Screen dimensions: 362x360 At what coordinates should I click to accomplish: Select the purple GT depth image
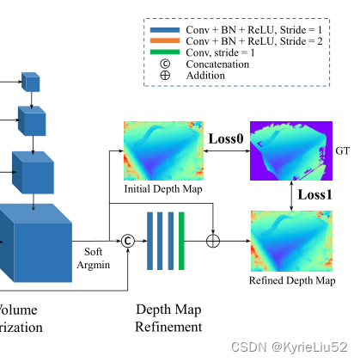click(x=290, y=151)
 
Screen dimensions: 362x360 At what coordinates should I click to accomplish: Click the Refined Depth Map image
click(x=291, y=241)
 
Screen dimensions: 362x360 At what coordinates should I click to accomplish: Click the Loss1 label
click(x=314, y=194)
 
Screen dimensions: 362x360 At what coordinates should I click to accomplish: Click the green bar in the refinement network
click(x=181, y=240)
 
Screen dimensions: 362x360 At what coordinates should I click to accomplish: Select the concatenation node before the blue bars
click(x=128, y=240)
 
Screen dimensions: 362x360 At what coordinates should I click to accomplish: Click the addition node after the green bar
click(x=213, y=240)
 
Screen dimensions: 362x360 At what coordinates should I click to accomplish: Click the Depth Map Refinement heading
click(x=169, y=317)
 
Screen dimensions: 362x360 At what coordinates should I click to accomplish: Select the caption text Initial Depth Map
click(x=162, y=189)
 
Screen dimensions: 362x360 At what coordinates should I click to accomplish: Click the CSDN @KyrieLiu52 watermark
click(x=292, y=347)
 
